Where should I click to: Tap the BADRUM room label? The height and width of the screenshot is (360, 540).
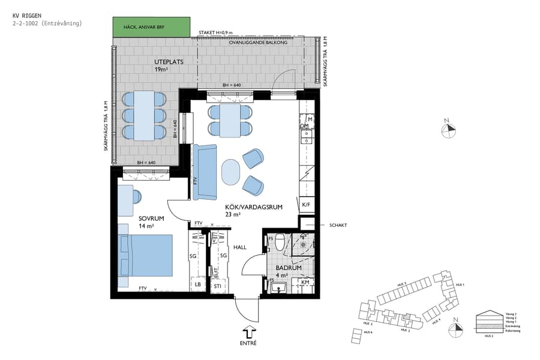(x=287, y=269)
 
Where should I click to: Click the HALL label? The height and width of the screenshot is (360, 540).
(x=240, y=247)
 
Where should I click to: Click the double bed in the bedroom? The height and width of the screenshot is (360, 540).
(x=147, y=255)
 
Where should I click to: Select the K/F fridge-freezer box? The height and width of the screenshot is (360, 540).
(x=306, y=205)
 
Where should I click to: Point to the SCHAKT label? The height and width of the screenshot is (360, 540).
(x=338, y=226)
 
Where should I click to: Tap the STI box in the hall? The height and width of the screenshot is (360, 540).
(x=217, y=287)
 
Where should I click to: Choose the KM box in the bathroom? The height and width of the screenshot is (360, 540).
(x=305, y=281)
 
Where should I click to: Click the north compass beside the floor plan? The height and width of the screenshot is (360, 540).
(x=446, y=130)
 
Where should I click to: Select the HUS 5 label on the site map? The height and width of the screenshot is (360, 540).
(x=401, y=284)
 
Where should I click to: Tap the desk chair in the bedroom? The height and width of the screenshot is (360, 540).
(x=137, y=196)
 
